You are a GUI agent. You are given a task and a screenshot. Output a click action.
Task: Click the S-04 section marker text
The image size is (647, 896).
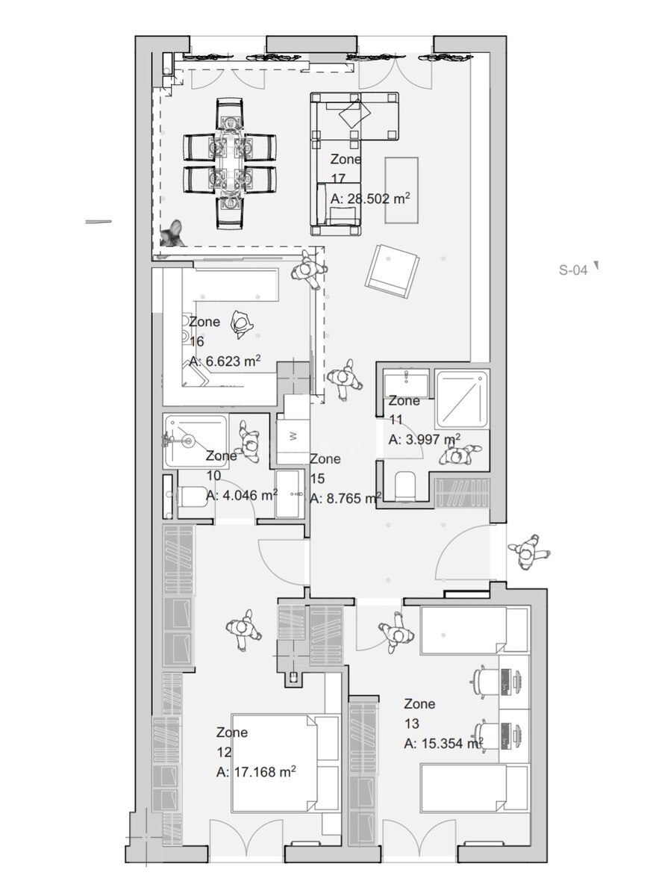coord(573,270)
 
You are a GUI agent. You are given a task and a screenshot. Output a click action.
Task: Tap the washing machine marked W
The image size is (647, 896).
coord(293,436)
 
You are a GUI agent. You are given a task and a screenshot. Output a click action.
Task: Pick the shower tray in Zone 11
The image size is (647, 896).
coord(462,399)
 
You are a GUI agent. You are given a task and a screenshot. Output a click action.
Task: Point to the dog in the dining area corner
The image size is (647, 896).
coord(172,234)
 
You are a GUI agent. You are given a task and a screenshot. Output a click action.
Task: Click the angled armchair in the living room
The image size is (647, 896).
coord(393,270)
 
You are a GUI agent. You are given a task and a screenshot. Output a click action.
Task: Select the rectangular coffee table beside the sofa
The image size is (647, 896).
coord(401,190)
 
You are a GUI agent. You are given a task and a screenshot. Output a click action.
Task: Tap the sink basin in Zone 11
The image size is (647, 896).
coord(406,378)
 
